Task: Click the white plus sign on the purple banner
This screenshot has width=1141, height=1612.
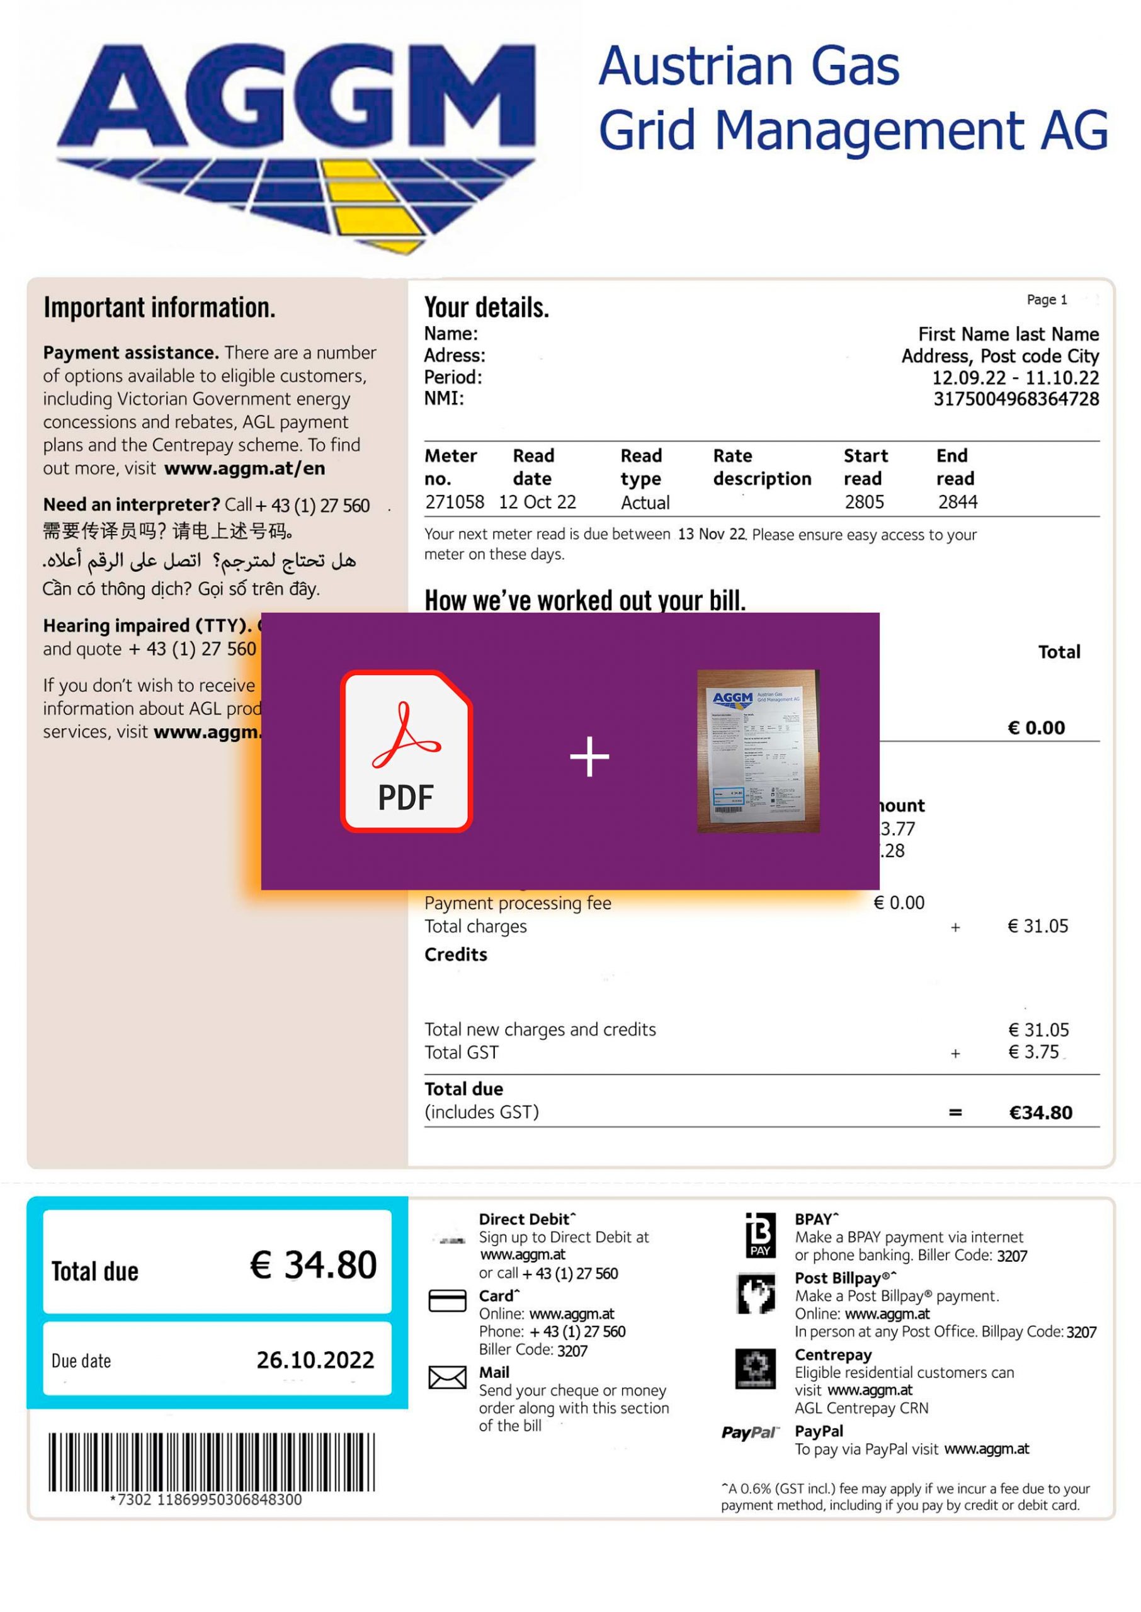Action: pyautogui.click(x=589, y=756)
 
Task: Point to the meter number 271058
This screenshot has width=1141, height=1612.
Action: pyautogui.click(x=454, y=502)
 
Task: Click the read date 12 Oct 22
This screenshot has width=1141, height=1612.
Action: pyautogui.click(x=538, y=502)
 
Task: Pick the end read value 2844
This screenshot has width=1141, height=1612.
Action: pyautogui.click(x=958, y=502)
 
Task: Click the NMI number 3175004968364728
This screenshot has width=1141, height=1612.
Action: pyautogui.click(x=1016, y=399)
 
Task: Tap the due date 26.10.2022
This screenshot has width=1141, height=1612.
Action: pyautogui.click(x=315, y=1361)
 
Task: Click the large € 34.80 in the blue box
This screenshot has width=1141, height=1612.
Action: pyautogui.click(x=314, y=1265)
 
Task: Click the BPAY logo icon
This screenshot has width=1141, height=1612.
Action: pyautogui.click(x=760, y=1235)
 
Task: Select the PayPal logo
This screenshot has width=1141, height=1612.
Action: pyautogui.click(x=749, y=1433)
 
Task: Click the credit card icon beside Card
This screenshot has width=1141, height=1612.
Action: pyautogui.click(x=447, y=1301)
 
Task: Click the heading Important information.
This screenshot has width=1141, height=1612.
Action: pyautogui.click(x=159, y=308)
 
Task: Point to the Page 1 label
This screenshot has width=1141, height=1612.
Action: pyautogui.click(x=1046, y=300)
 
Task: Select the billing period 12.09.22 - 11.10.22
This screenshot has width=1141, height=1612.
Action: pyautogui.click(x=1015, y=378)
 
